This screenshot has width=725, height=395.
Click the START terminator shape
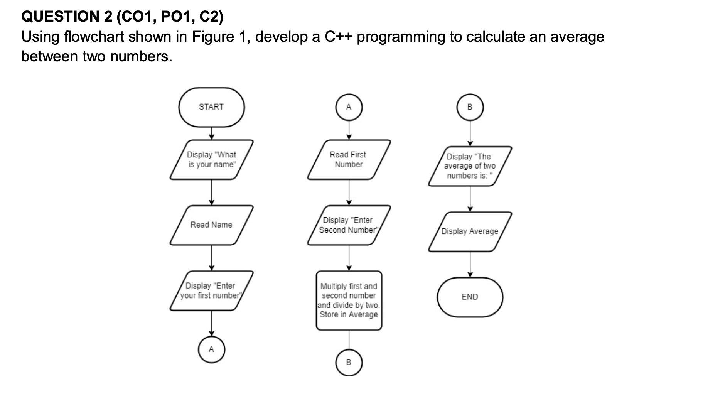211,107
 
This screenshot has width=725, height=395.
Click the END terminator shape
470,297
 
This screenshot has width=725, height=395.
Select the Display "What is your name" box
211,160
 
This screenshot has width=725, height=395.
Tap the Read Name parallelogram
211,225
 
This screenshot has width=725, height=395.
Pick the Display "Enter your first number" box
211,290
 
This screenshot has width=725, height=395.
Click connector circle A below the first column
211,349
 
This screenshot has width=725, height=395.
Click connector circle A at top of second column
349,107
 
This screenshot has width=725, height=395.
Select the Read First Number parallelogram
349,160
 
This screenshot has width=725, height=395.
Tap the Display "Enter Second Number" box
349,225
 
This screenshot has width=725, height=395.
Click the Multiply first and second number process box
349,300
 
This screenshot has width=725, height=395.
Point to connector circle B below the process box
349,362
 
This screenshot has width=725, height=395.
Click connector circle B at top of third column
470,107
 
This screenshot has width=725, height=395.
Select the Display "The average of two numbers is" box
470,166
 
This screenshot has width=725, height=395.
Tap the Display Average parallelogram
470,231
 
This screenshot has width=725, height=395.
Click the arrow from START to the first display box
211,133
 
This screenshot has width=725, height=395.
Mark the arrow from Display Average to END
470,264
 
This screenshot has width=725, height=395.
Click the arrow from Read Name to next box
211,258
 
